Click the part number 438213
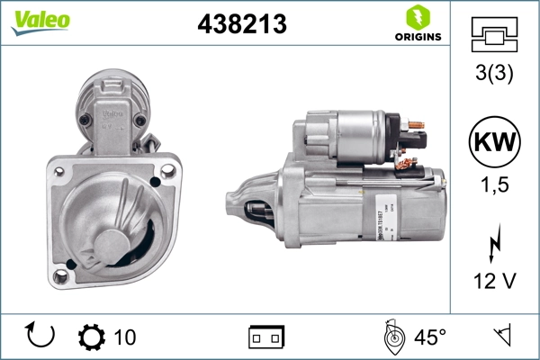pyautogui.click(x=241, y=25)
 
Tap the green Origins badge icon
pyautogui.click(x=418, y=17)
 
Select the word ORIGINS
pyautogui.click(x=418, y=37)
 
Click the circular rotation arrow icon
pyautogui.click(x=41, y=336)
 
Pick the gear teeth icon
pyautogui.click(x=91, y=337)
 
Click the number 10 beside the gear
pyautogui.click(x=125, y=337)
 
